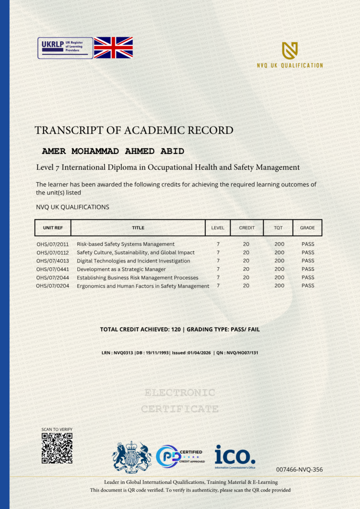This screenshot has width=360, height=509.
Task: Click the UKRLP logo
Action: point(65,48)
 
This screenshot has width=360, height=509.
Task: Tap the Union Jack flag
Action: point(113,48)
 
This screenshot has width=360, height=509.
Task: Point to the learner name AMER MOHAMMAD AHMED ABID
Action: point(113,151)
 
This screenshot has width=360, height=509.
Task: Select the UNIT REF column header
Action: point(52,228)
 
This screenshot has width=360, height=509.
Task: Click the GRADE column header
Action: point(307,228)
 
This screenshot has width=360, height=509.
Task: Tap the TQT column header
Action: point(278,228)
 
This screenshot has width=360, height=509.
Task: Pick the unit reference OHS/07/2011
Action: point(52,244)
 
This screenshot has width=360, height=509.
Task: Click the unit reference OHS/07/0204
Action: point(52,286)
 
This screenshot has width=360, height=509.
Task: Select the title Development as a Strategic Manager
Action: point(121,269)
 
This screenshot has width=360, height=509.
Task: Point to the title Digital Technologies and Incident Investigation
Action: point(133,261)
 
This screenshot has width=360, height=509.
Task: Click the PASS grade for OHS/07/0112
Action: point(308,253)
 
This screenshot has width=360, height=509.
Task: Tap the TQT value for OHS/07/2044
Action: point(279,277)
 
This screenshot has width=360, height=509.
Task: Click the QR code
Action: point(57,448)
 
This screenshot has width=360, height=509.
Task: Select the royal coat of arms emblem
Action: point(132,457)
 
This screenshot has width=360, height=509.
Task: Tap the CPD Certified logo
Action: point(179,457)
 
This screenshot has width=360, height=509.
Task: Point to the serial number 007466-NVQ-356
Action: point(299,469)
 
